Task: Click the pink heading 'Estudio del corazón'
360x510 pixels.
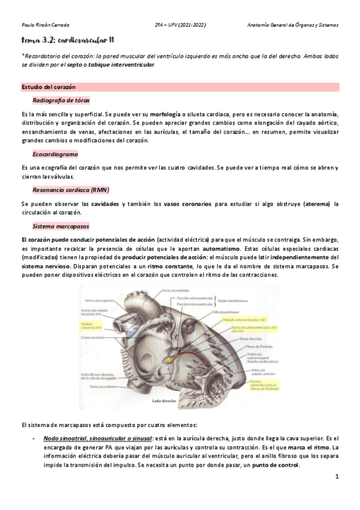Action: (44, 87)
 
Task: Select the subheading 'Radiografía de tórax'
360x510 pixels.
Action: (61, 100)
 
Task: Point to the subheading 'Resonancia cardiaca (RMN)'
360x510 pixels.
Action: (67, 190)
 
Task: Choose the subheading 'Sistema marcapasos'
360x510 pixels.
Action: (60, 226)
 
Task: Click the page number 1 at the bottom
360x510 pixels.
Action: (337, 477)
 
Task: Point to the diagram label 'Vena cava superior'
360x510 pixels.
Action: (98, 299)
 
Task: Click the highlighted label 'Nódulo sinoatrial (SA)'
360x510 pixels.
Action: (92, 325)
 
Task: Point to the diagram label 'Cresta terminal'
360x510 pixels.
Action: (91, 339)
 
